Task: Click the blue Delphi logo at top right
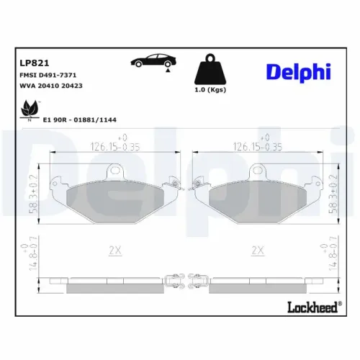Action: coord(300,72)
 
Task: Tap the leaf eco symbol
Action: coord(30,109)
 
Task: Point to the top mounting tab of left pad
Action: coord(114,171)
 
